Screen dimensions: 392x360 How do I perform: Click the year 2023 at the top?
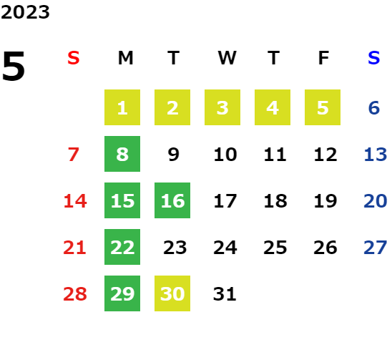[x=25, y=12]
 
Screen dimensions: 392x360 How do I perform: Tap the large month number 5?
[x=14, y=66]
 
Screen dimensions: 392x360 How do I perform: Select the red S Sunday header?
[x=74, y=58]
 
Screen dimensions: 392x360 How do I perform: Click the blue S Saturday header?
[x=374, y=58]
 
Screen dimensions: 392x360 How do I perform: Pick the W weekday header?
[x=227, y=58]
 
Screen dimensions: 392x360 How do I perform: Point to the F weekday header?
[x=324, y=58]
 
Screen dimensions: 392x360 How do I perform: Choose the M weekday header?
[x=125, y=58]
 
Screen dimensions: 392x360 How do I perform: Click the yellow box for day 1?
[x=122, y=107]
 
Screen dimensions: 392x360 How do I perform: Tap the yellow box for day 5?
[x=323, y=107]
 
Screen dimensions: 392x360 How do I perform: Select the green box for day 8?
[x=122, y=154]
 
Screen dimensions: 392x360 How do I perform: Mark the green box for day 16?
[x=172, y=200]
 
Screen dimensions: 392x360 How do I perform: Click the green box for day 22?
[x=122, y=247]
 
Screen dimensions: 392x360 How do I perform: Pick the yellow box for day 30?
[x=172, y=293]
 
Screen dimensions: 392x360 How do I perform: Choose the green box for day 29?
[x=122, y=293]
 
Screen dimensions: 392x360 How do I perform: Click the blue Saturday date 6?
[x=374, y=108]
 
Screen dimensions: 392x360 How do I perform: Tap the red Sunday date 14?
[x=75, y=201]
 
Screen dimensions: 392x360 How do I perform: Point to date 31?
[x=225, y=294]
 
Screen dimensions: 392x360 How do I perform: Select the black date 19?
[x=325, y=201]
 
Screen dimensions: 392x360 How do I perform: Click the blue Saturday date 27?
[x=376, y=248]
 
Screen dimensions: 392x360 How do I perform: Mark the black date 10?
[x=225, y=155]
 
